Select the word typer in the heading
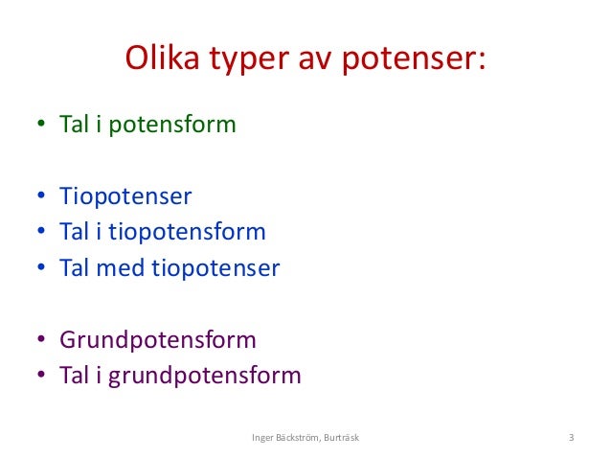[245, 62]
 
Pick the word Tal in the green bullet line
[75, 125]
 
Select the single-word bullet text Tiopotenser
[125, 196]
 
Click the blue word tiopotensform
[191, 232]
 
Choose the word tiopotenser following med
[215, 267]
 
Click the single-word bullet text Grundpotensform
[158, 340]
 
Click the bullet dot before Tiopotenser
[41, 197]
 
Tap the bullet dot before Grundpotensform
[41, 340]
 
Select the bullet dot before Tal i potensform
[41, 126]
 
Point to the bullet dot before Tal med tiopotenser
[41, 268]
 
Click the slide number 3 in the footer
[571, 439]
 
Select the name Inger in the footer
[262, 439]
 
